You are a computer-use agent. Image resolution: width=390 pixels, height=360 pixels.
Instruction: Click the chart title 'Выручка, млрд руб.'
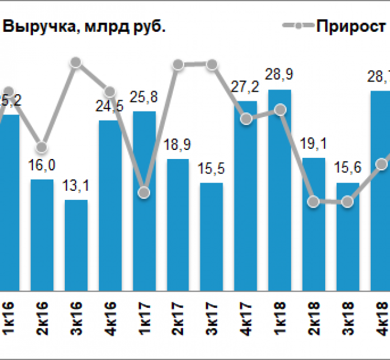(84, 27)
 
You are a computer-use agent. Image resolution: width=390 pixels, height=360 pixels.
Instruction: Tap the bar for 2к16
(42, 234)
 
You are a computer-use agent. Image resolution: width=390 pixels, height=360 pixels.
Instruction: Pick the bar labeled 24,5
(110, 204)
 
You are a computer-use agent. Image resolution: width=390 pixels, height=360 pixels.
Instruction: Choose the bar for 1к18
(280, 190)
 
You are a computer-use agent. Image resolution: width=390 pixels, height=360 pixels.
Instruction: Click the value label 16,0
(42, 166)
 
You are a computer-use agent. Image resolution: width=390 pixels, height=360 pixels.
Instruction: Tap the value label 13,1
(76, 187)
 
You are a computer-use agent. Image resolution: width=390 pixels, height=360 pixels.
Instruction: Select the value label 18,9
(178, 146)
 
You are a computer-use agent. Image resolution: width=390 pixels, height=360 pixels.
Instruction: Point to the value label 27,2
(245, 88)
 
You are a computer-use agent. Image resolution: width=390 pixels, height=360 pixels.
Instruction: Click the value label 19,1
(313, 145)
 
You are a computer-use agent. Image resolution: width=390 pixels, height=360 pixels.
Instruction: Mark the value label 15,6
(347, 170)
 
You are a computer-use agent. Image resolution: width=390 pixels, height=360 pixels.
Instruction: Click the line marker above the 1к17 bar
(143, 193)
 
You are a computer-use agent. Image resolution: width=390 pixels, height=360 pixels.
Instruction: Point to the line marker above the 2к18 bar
(313, 202)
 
